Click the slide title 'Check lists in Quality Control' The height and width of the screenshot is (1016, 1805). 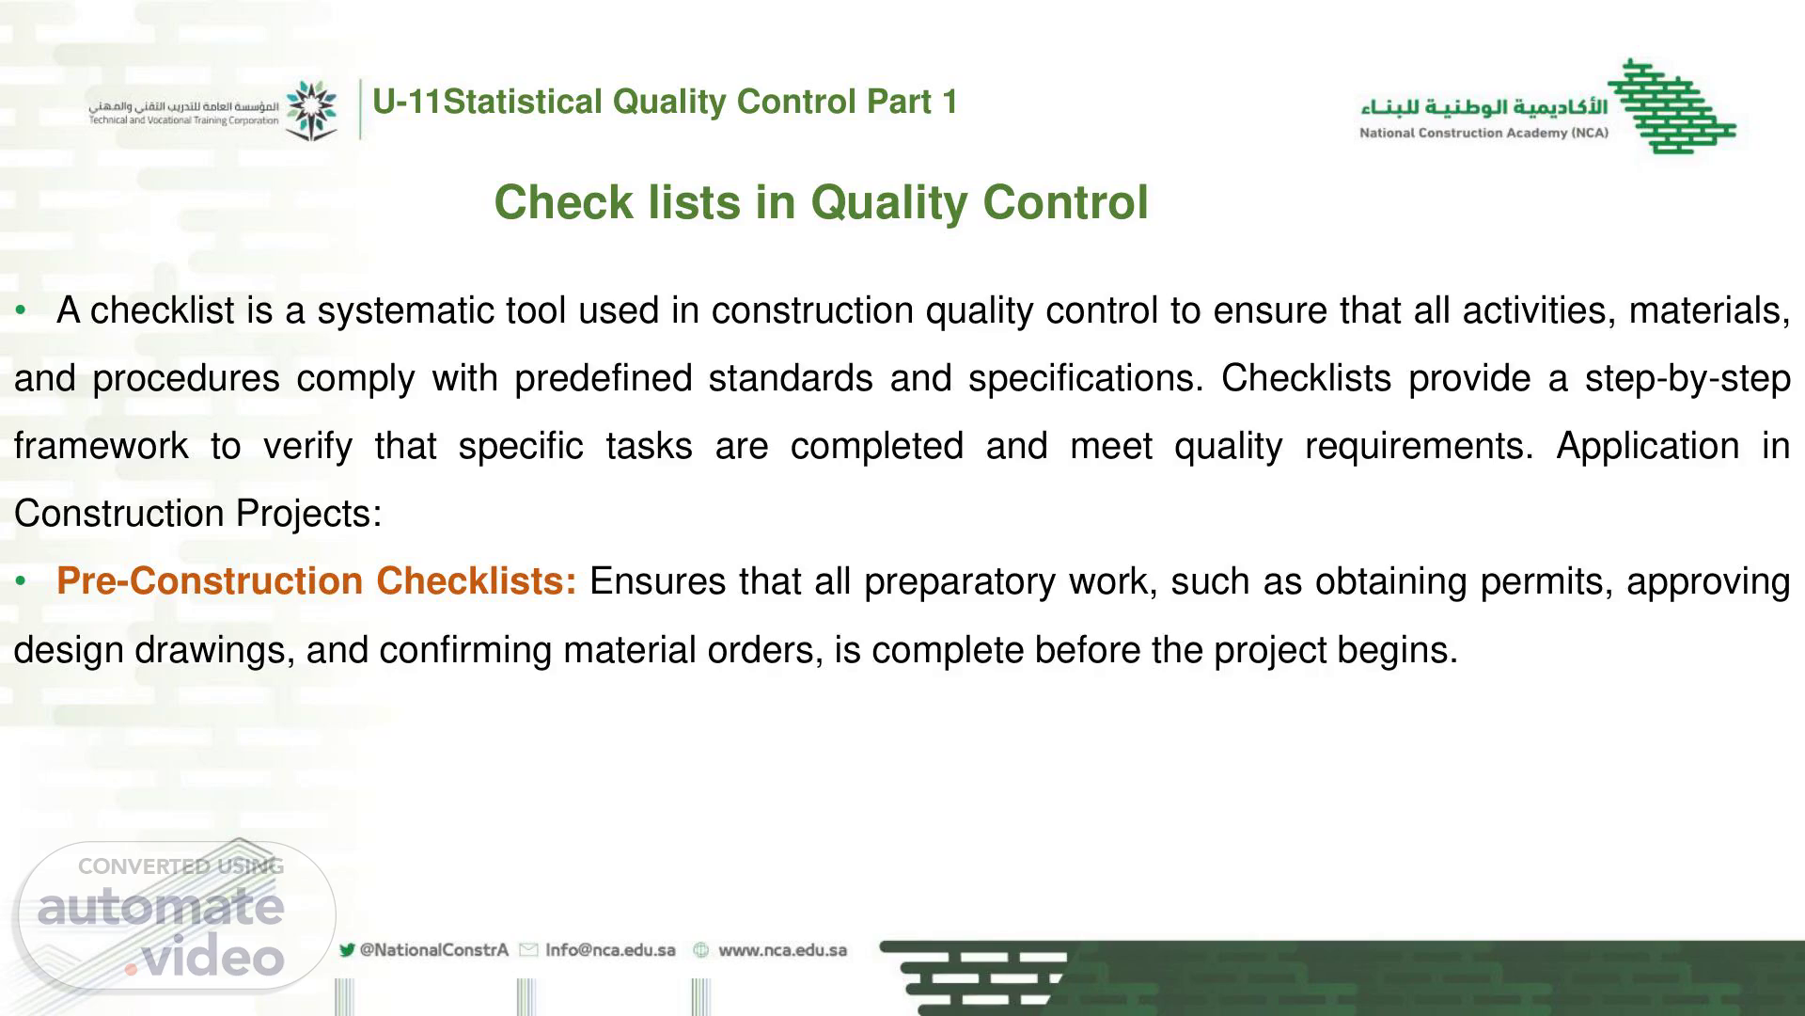821,202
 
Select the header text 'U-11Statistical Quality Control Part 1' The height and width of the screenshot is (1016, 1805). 665,102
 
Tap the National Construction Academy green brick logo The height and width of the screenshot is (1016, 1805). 1672,105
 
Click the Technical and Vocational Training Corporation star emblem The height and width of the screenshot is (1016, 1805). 311,110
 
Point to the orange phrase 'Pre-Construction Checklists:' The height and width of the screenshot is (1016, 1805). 317,581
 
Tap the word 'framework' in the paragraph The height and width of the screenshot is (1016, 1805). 101,446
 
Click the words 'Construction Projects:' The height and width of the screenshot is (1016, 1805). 198,514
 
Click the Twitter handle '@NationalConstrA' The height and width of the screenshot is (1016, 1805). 433,950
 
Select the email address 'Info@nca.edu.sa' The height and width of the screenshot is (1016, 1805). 610,950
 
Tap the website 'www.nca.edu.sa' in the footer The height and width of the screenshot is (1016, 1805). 782,950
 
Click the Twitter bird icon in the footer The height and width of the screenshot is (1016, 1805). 347,950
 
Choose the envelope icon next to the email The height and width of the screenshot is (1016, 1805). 528,950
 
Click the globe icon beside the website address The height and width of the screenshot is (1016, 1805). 700,950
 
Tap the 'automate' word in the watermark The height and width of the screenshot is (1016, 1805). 161,907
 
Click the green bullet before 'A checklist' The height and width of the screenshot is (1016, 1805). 21,310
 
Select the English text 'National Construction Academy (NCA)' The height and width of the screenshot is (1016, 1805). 1483,133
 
